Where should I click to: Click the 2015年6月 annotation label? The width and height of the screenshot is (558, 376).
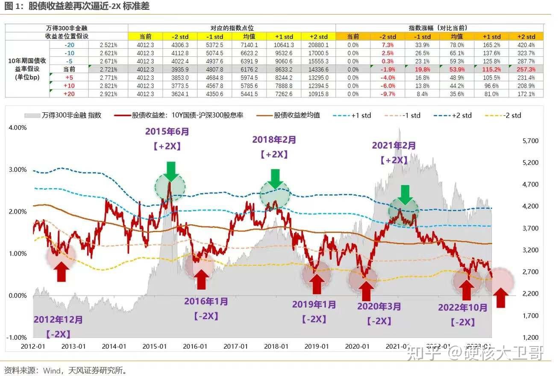tap(167, 132)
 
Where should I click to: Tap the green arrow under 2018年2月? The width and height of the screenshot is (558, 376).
tap(275, 178)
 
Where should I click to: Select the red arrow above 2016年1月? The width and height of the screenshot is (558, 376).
tap(201, 279)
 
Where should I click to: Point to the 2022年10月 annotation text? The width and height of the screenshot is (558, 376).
tap(463, 308)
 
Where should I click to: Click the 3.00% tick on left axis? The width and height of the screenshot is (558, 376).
tap(18, 170)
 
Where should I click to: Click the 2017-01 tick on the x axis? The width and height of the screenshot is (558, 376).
tap(236, 346)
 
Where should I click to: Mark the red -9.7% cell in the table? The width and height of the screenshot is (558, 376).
tap(388, 94)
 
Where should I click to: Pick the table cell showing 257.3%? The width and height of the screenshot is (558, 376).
tap(526, 70)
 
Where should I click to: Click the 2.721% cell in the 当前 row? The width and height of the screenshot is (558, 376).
tap(109, 70)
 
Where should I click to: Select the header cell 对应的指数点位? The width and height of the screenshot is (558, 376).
tap(231, 28)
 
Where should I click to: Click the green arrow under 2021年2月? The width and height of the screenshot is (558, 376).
tap(405, 195)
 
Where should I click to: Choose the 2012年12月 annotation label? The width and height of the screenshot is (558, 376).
tap(58, 320)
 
